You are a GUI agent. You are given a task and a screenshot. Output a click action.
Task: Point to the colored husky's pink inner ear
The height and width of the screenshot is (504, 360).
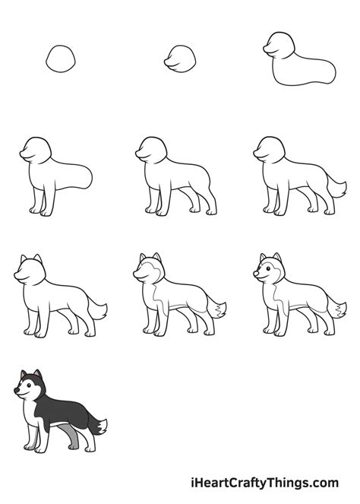36,374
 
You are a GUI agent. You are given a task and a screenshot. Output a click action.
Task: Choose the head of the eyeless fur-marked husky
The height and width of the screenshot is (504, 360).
148,270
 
